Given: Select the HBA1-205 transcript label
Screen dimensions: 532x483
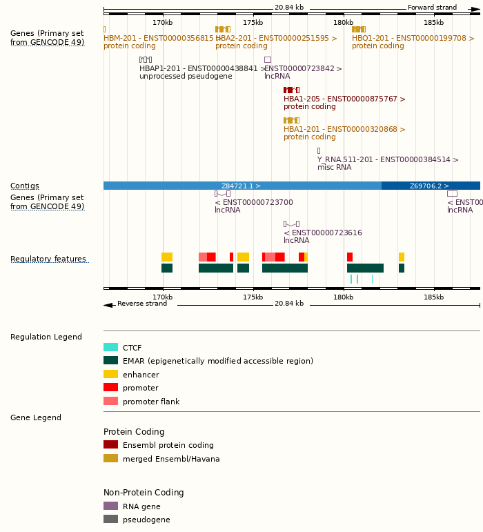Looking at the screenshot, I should pyautogui.click(x=344, y=99).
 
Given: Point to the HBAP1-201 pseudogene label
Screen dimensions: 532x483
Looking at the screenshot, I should pyautogui.click(x=202, y=69).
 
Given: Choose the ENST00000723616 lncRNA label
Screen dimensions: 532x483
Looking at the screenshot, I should pyautogui.click(x=322, y=233).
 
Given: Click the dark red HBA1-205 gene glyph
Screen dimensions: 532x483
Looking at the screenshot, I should pyautogui.click(x=291, y=90).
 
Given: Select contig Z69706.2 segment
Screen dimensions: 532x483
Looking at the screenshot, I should pyautogui.click(x=431, y=186).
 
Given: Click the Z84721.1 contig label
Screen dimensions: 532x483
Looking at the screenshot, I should pyautogui.click(x=241, y=186).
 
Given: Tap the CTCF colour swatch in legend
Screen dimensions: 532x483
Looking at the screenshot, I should pyautogui.click(x=110, y=348).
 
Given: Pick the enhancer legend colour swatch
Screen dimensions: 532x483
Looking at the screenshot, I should pyautogui.click(x=110, y=375).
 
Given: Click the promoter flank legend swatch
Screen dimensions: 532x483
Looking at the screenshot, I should pyautogui.click(x=110, y=402).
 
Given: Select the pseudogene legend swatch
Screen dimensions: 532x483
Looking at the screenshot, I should pyautogui.click(x=110, y=520).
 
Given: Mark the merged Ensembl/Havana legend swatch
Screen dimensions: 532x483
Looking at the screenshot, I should pyautogui.click(x=110, y=459).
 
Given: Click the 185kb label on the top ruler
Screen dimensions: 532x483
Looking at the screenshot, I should pyautogui.click(x=434, y=23).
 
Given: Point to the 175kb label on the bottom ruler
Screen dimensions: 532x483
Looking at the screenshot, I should pyautogui.click(x=253, y=297).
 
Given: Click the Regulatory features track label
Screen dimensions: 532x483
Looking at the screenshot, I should pyautogui.click(x=48, y=259).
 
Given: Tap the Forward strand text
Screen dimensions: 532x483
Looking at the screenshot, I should pyautogui.click(x=432, y=8).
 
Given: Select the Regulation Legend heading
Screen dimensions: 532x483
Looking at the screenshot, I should pyautogui.click(x=46, y=337).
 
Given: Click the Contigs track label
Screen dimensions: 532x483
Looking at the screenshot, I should pyautogui.click(x=25, y=186).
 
